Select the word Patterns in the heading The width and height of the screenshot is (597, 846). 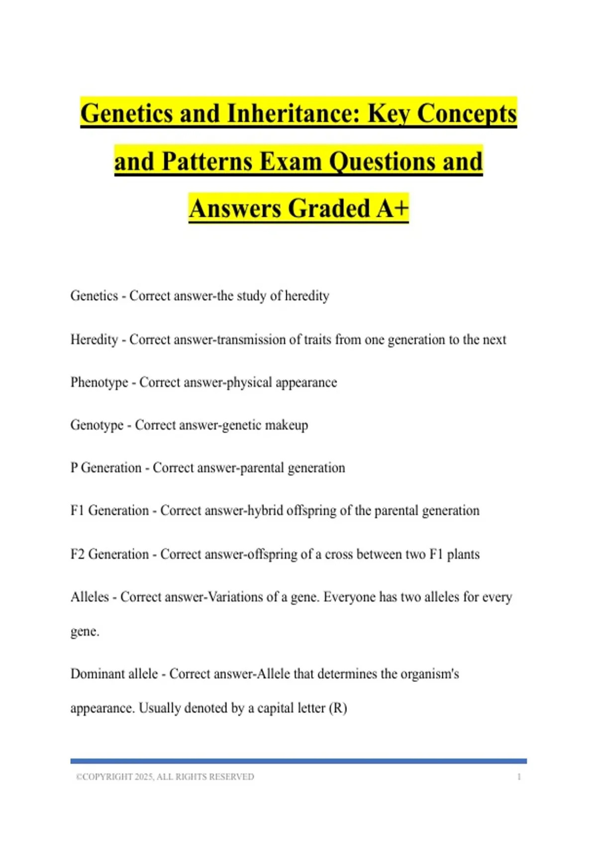tap(208, 161)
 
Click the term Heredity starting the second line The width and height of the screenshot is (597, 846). tap(94, 339)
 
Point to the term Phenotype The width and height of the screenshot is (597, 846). tap(99, 382)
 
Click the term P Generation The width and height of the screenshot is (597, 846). tap(106, 468)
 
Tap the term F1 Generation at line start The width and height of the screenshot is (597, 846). tap(109, 511)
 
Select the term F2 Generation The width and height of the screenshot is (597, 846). tap(109, 554)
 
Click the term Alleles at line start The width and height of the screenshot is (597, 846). tap(90, 597)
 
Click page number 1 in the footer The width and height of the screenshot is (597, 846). tap(519, 777)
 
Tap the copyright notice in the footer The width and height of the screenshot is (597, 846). tap(165, 777)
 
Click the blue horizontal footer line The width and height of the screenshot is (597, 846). tap(298, 761)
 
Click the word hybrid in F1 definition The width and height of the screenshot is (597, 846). tap(265, 511)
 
